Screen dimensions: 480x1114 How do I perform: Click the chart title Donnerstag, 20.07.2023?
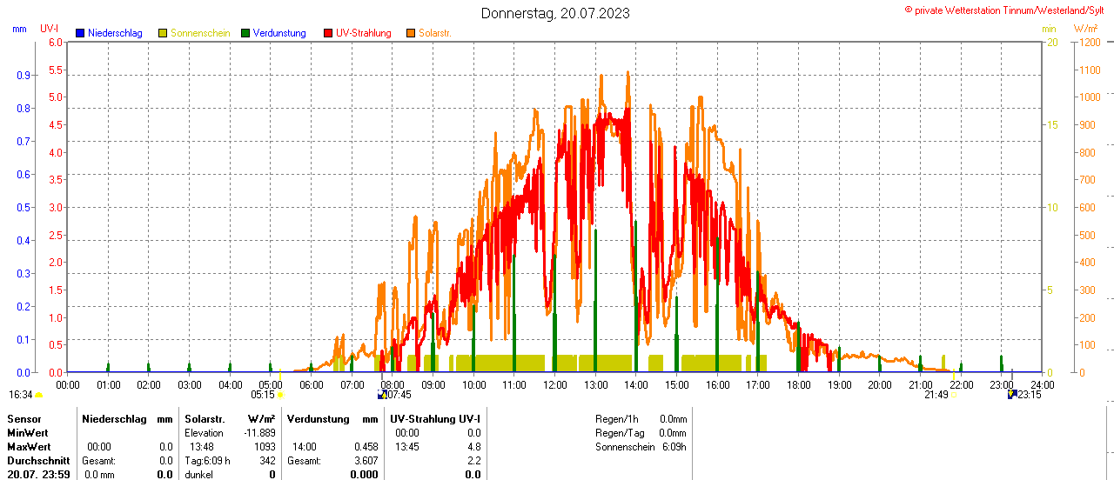[555, 13]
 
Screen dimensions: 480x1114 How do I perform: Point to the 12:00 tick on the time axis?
[554, 384]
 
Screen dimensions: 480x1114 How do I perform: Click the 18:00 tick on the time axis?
[798, 384]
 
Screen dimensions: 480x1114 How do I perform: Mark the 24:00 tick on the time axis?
[1042, 384]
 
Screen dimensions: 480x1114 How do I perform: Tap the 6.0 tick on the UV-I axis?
[56, 42]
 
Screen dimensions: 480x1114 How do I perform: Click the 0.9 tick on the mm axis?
[23, 75]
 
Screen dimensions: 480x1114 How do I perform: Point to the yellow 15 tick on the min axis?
[1052, 124]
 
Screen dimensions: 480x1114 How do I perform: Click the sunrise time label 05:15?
[263, 395]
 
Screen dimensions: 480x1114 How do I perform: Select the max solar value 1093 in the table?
[265, 446]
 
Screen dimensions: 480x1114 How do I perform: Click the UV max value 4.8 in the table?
[474, 446]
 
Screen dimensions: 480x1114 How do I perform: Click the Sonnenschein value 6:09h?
[674, 446]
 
